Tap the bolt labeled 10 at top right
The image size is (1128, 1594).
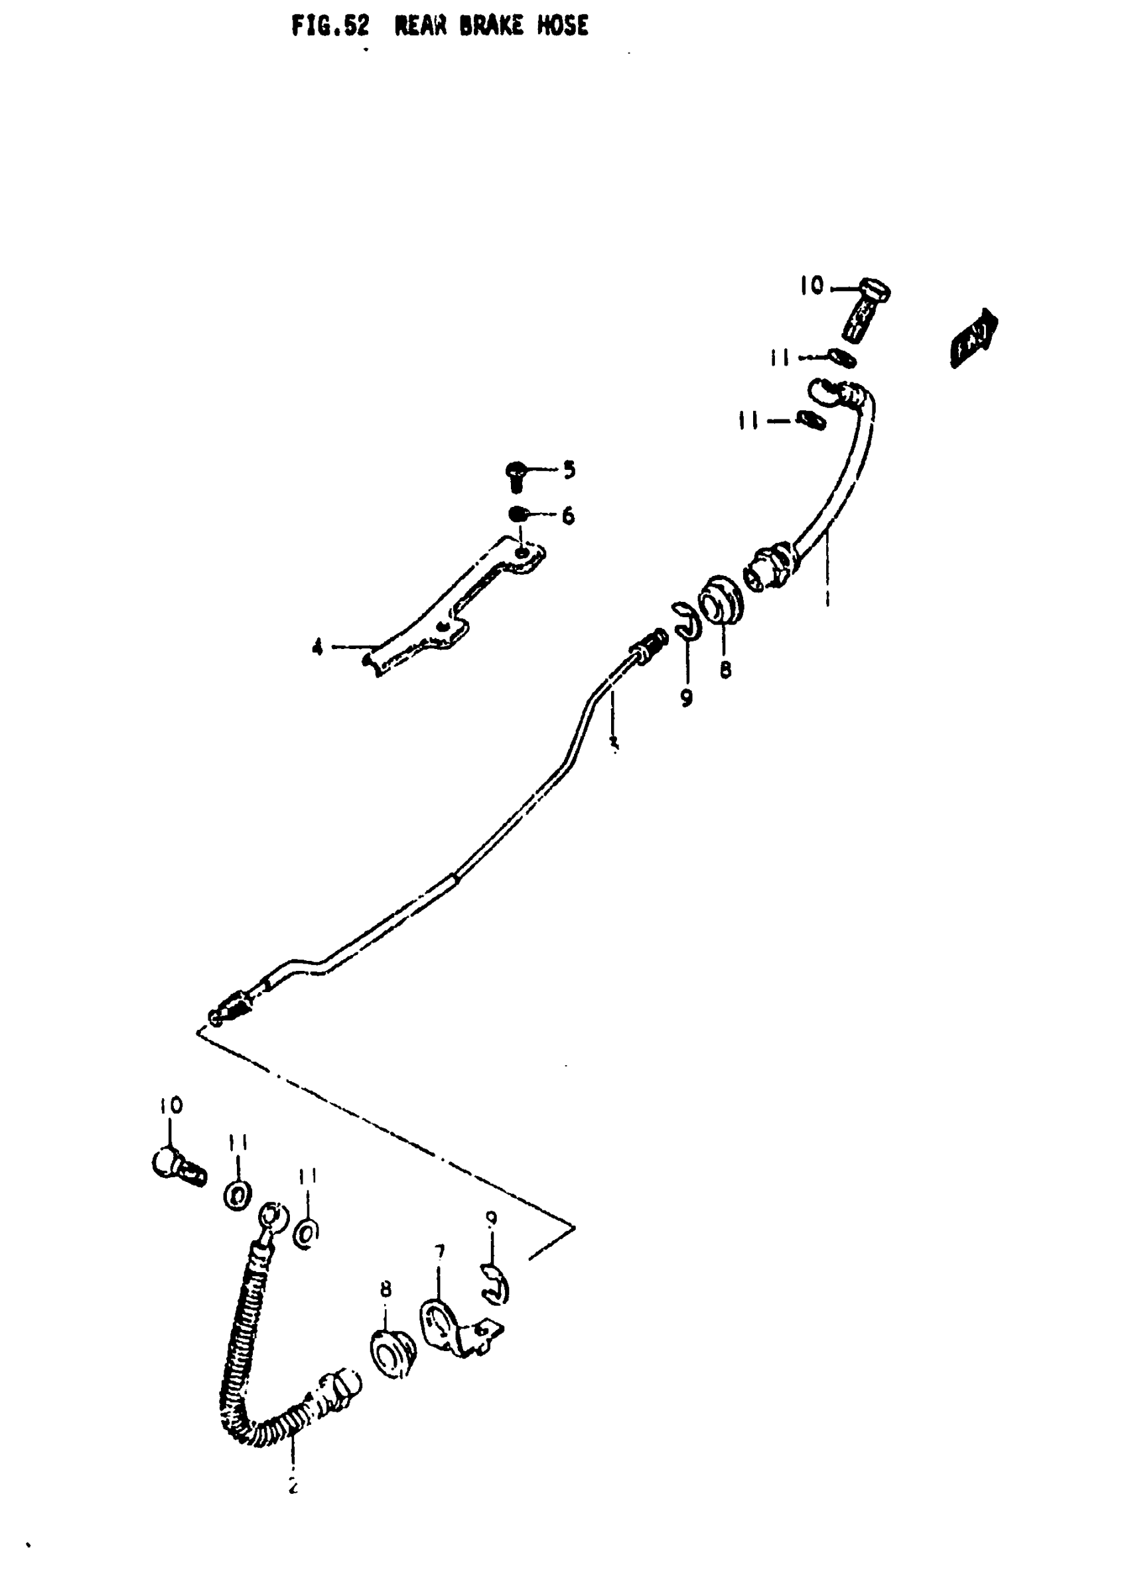[865, 310]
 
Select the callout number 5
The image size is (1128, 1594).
[569, 471]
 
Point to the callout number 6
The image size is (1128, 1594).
[568, 516]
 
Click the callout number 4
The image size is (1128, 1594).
[317, 648]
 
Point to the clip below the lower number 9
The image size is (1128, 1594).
[496, 1285]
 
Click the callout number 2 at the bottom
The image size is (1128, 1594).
[293, 1486]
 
